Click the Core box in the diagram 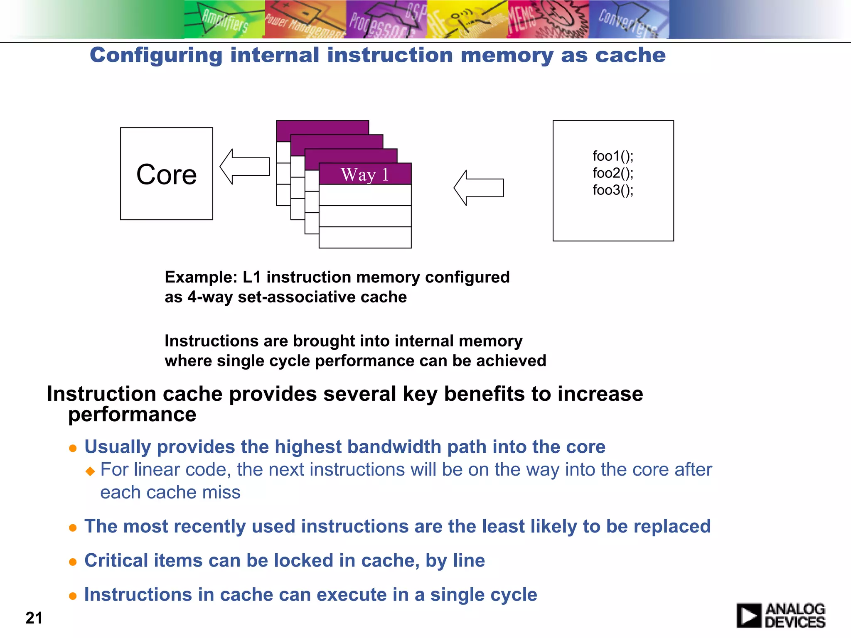(166, 174)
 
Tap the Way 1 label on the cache (365, 174)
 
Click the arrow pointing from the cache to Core (245, 167)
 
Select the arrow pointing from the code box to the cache (479, 188)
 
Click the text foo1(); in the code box (613, 156)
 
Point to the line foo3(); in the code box (613, 190)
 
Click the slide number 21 (34, 618)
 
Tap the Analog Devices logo (781, 616)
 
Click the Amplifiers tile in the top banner (224, 20)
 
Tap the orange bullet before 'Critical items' (73, 562)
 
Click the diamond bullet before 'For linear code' (90, 471)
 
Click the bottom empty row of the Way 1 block (365, 237)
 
